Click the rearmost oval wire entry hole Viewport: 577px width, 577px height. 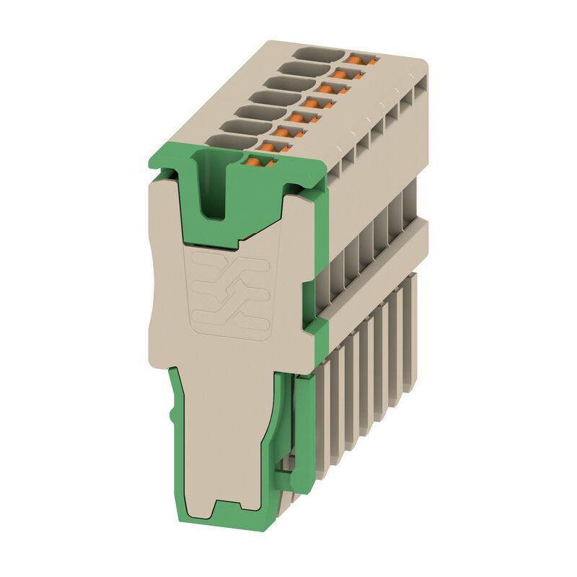click(x=317, y=55)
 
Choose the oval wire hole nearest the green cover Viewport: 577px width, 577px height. click(x=226, y=141)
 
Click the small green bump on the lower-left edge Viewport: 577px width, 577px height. click(x=171, y=416)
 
